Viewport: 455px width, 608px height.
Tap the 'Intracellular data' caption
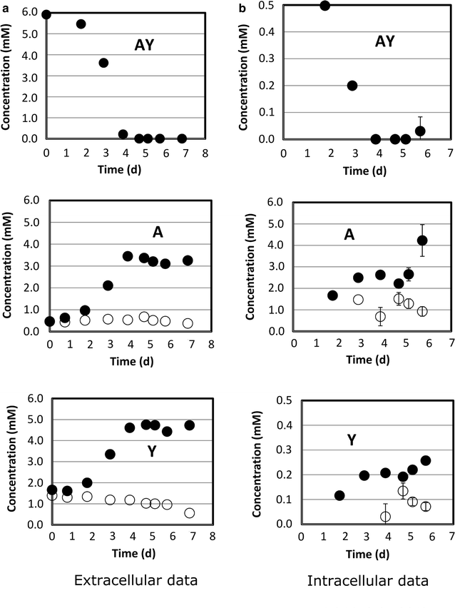click(368, 581)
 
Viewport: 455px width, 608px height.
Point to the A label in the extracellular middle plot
click(158, 231)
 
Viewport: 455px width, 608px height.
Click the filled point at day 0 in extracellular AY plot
click(46, 14)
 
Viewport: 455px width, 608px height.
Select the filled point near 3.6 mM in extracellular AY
click(103, 63)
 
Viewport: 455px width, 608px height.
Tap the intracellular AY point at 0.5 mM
click(325, 6)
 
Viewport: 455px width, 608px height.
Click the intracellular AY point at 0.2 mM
click(352, 86)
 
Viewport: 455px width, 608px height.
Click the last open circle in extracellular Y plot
click(189, 512)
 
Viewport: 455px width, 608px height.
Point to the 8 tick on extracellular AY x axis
click(205, 151)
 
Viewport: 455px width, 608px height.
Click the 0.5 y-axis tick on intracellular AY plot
click(269, 6)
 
